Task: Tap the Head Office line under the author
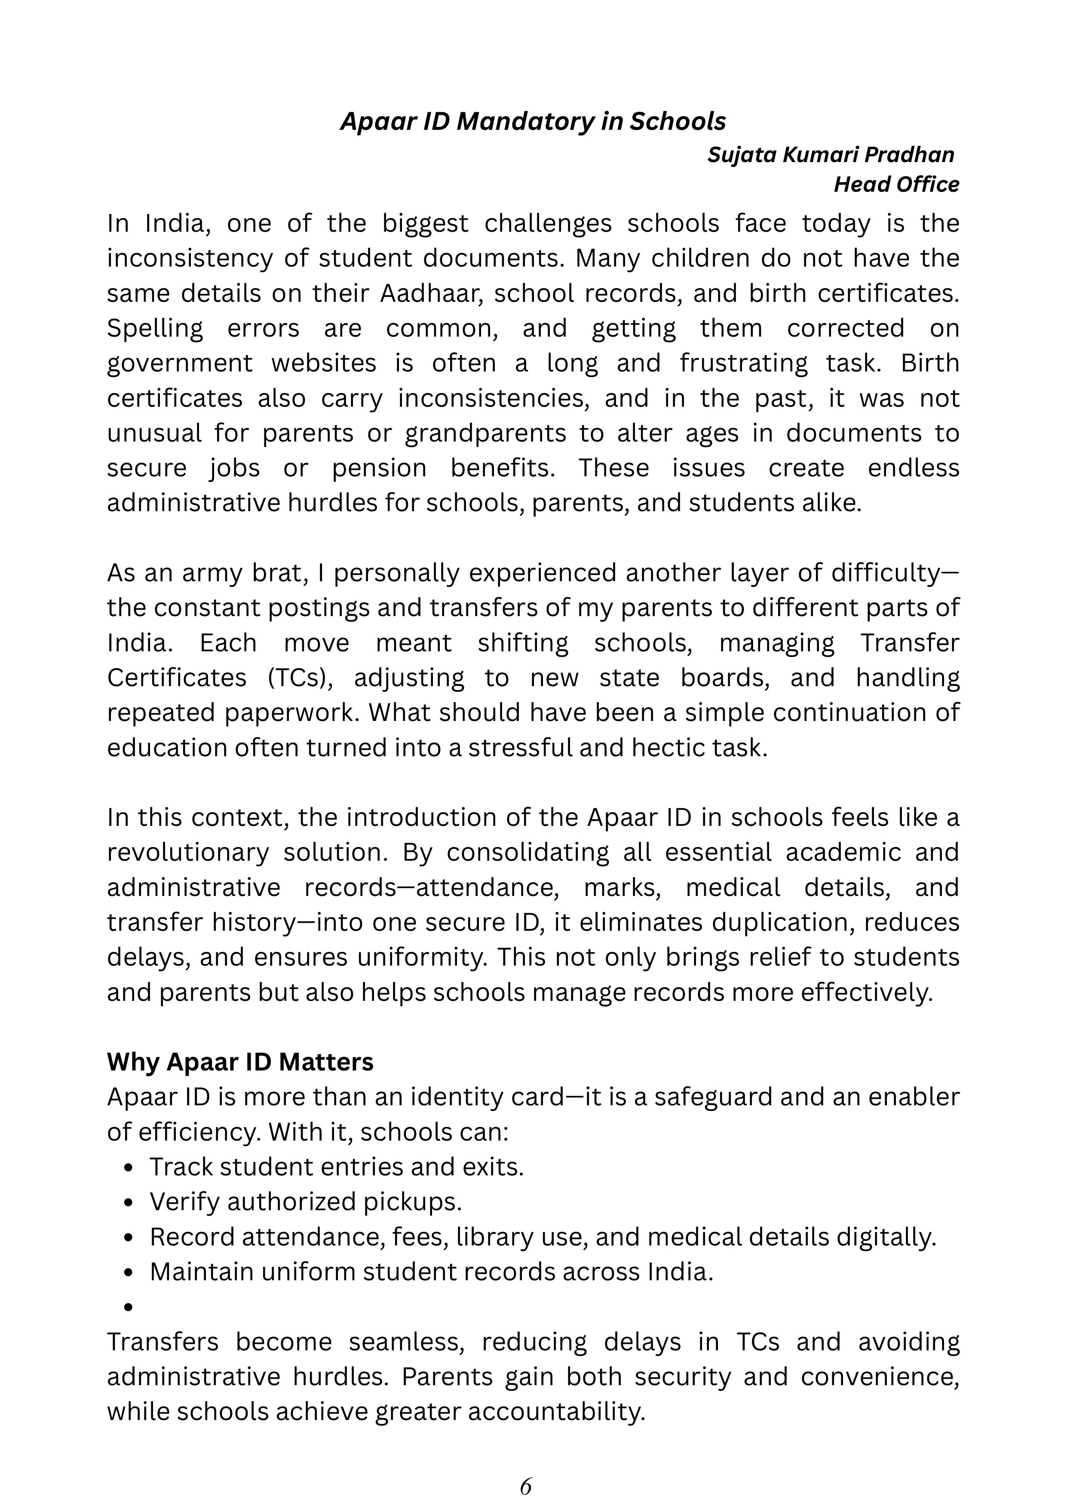[x=896, y=185]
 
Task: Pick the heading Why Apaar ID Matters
[x=240, y=1062]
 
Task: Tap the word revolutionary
[x=188, y=853]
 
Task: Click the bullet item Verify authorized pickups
[x=306, y=1202]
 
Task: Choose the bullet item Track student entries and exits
[x=337, y=1167]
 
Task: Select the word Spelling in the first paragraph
[x=155, y=328]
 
